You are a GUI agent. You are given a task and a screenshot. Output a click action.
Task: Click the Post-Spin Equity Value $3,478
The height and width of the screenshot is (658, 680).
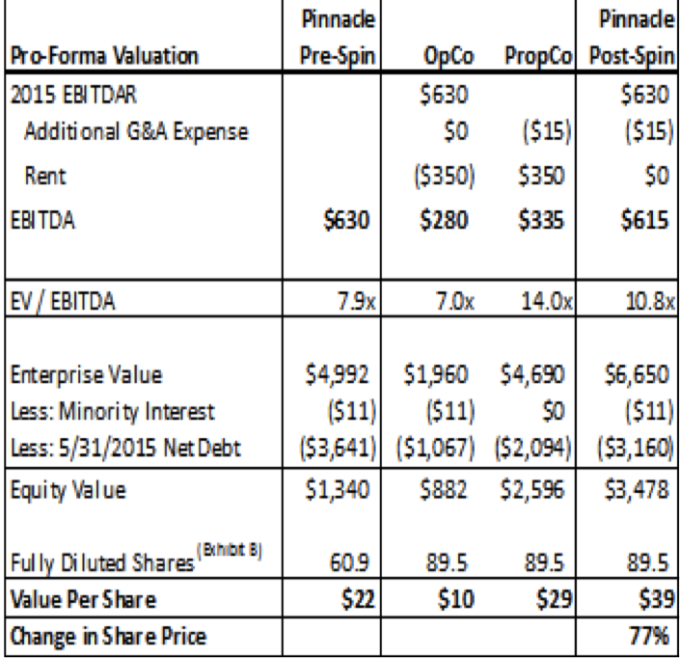tap(639, 486)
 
